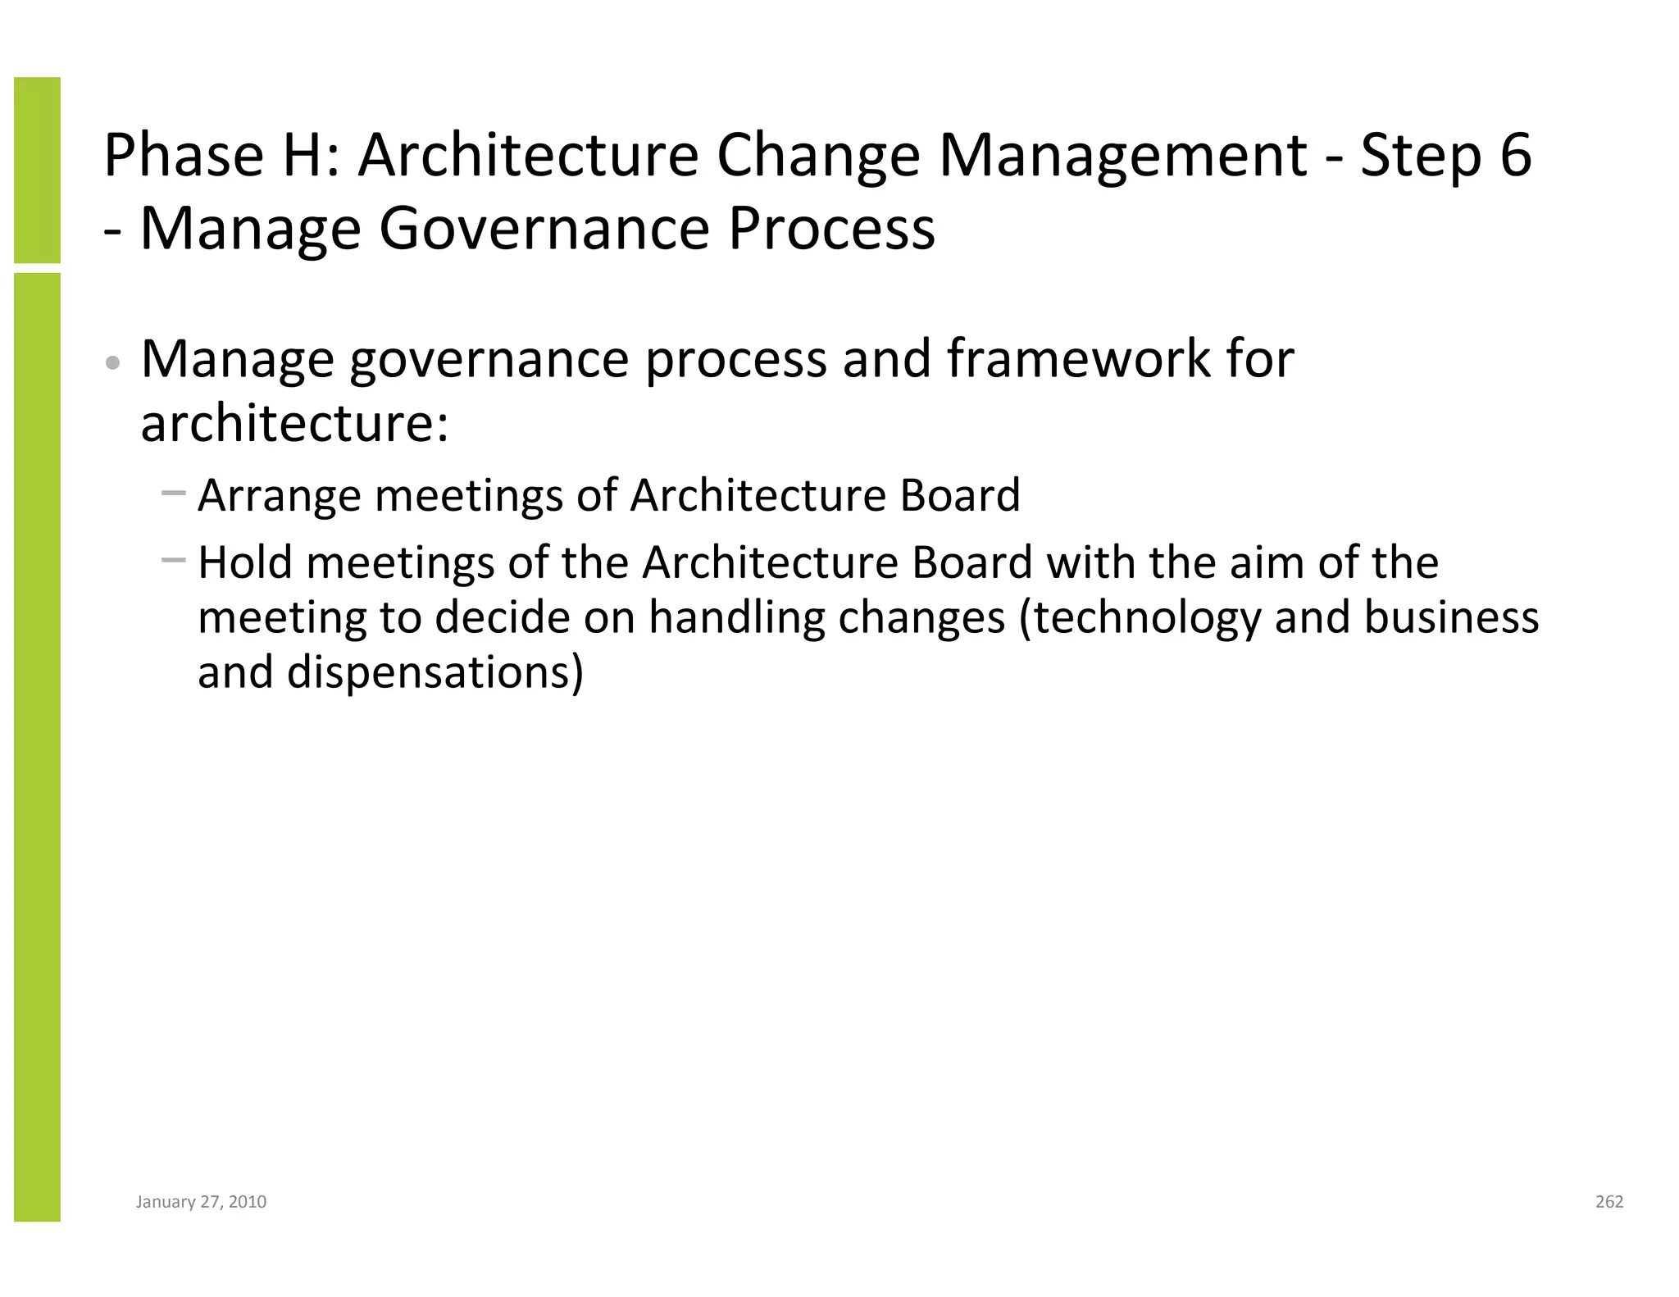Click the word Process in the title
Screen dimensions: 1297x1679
coord(831,228)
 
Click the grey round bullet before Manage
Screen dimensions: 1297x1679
coord(114,362)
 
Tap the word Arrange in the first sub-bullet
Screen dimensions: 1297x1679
coord(280,496)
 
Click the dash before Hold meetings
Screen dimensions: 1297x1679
coord(174,561)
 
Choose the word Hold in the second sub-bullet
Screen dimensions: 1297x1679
coord(245,563)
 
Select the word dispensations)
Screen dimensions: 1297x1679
coord(435,672)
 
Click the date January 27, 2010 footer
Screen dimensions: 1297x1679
coord(201,1202)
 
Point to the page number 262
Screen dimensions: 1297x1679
coord(1609,1202)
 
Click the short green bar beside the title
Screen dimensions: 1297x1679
coord(37,170)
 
